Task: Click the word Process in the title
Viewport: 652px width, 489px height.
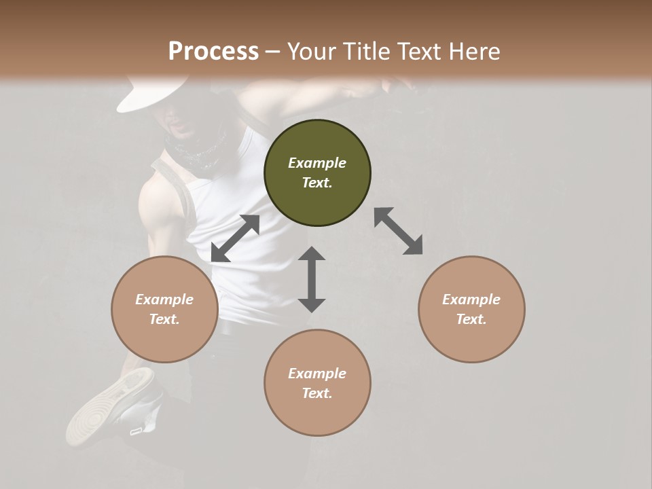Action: (213, 52)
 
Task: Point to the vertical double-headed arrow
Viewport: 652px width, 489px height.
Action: (312, 279)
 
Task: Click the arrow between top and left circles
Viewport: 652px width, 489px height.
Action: (235, 238)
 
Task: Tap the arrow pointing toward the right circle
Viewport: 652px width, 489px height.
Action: (399, 231)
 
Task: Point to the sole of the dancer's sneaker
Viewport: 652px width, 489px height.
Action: (102, 407)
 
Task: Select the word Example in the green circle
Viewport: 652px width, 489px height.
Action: (317, 163)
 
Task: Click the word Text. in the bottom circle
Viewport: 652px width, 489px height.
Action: (317, 393)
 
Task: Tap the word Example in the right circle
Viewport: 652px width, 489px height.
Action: (471, 300)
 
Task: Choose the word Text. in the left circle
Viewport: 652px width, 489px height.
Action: (164, 319)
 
